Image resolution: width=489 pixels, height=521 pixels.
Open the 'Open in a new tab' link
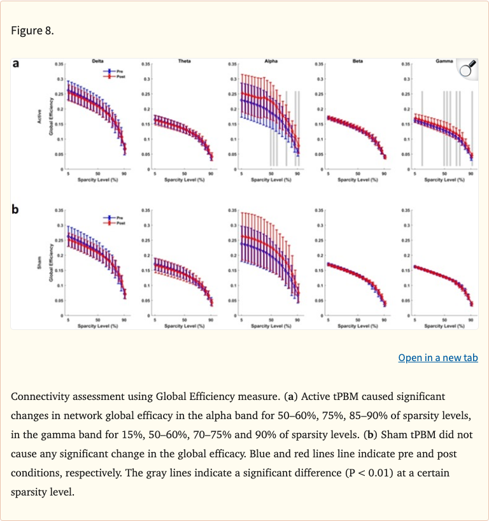pyautogui.click(x=437, y=357)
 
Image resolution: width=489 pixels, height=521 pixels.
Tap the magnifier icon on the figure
pyautogui.click(x=468, y=69)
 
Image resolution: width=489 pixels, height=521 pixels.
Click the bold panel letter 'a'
pyautogui.click(x=16, y=63)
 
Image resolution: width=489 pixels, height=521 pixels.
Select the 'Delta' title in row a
pyautogui.click(x=98, y=61)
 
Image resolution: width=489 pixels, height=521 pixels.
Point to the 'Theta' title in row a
pyautogui.click(x=185, y=61)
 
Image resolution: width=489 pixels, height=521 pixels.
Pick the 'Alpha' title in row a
pyautogui.click(x=271, y=61)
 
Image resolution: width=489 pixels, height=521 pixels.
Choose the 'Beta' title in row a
pyautogui.click(x=358, y=61)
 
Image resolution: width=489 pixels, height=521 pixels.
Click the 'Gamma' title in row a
pyautogui.click(x=444, y=61)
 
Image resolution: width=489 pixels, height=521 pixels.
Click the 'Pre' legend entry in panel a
pyautogui.click(x=116, y=71)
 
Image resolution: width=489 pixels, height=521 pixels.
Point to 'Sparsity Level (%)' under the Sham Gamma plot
pyautogui.click(x=444, y=326)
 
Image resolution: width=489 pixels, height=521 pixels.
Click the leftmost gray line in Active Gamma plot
pyautogui.click(x=422, y=127)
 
